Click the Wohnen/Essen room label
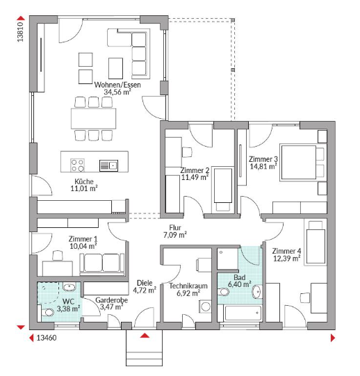pyautogui.click(x=117, y=85)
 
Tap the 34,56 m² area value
pyautogui.click(x=117, y=92)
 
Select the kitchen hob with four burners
pyautogui.click(x=77, y=165)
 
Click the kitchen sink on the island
pyautogui.click(x=108, y=165)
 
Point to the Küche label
pyautogui.click(x=84, y=181)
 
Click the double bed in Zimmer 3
pyautogui.click(x=299, y=162)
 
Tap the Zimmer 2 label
pyautogui.click(x=195, y=170)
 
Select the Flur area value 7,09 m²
pyautogui.click(x=175, y=235)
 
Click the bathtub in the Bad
pyautogui.click(x=243, y=313)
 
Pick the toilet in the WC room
pyautogui.click(x=47, y=312)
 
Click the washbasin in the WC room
pyautogui.click(x=69, y=286)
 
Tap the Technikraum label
pyautogui.click(x=188, y=286)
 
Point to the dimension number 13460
pyautogui.click(x=47, y=338)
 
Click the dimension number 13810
pyautogui.click(x=21, y=32)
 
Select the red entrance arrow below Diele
pyautogui.click(x=145, y=335)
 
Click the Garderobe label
pyautogui.click(x=111, y=300)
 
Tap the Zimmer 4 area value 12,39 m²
pyautogui.click(x=287, y=259)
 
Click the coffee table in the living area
pyautogui.click(x=115, y=68)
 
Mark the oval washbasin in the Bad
pyautogui.click(x=256, y=292)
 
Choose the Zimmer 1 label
pyautogui.click(x=83, y=239)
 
